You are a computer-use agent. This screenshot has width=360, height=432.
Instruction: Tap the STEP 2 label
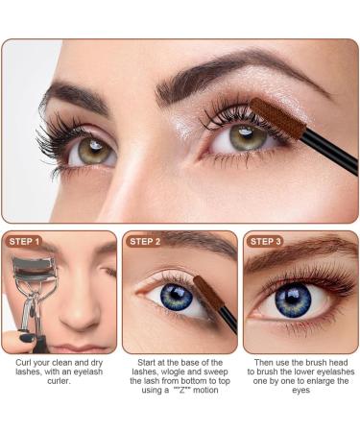click(x=144, y=241)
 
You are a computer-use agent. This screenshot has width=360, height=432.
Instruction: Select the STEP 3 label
click(x=265, y=241)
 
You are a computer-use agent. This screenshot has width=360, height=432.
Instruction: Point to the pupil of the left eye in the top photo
click(x=96, y=152)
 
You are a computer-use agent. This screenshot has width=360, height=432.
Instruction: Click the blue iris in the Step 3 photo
click(x=293, y=300)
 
